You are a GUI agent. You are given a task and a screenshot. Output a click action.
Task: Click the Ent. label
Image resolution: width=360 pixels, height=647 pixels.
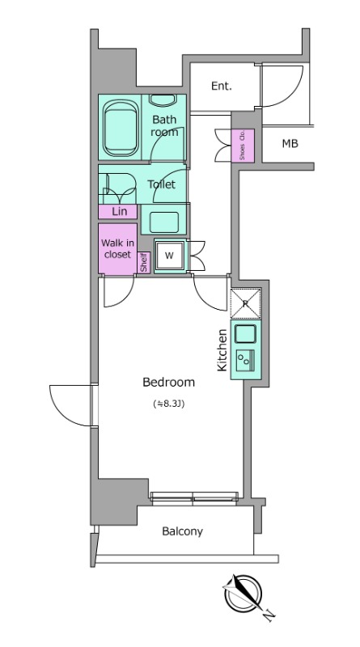click(x=222, y=86)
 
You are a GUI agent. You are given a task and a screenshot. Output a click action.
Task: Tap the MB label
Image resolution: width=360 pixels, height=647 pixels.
click(x=290, y=144)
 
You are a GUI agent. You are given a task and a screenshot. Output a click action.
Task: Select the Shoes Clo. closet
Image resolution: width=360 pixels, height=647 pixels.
click(x=243, y=146)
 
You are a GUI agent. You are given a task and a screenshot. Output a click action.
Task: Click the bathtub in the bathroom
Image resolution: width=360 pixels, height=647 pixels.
click(x=120, y=127)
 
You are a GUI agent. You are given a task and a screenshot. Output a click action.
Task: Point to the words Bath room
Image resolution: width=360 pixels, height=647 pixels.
click(x=164, y=126)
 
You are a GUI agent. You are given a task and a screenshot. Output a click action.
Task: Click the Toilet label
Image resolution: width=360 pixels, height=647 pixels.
click(x=162, y=184)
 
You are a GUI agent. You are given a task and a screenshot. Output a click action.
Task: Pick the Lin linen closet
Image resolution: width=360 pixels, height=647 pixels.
click(x=118, y=212)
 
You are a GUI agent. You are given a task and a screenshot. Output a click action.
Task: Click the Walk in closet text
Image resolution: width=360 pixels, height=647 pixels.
click(x=117, y=249)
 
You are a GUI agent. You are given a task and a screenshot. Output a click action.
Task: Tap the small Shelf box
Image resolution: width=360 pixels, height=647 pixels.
click(x=144, y=262)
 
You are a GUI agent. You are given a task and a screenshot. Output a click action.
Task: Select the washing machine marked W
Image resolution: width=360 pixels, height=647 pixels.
click(x=169, y=256)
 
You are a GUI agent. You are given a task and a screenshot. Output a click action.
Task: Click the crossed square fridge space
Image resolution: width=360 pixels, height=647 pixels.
click(x=246, y=304)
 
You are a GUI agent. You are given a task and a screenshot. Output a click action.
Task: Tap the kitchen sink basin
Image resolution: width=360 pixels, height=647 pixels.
click(x=245, y=333)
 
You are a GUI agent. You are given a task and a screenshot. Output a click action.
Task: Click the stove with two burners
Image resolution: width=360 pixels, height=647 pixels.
click(x=245, y=358)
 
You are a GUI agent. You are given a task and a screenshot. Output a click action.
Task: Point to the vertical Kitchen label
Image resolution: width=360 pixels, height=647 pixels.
click(x=222, y=350)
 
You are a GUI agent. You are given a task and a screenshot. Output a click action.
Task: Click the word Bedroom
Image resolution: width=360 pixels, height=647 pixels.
click(x=168, y=383)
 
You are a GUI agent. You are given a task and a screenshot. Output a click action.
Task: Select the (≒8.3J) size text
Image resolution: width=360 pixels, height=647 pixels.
click(x=168, y=404)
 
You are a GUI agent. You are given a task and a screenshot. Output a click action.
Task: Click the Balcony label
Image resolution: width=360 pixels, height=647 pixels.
click(x=183, y=531)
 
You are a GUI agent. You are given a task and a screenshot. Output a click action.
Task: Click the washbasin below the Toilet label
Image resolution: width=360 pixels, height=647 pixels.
click(x=164, y=222)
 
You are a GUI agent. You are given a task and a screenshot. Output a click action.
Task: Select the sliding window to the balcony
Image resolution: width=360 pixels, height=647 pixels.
click(x=194, y=499)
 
